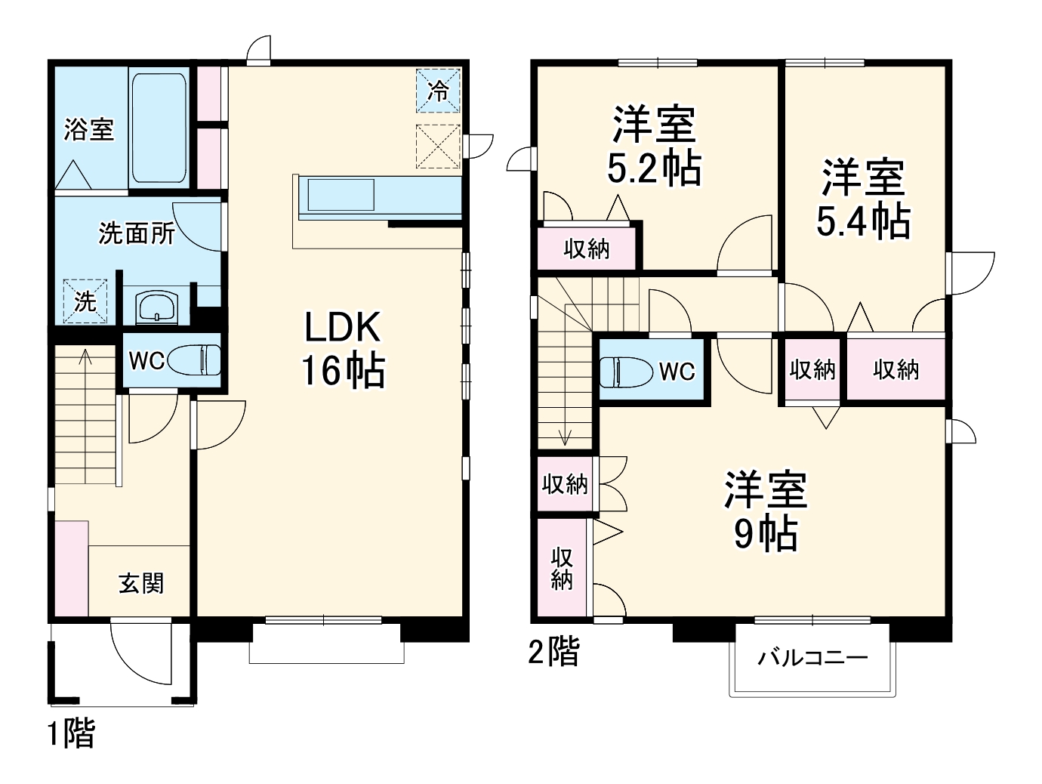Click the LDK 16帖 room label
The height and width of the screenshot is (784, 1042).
pos(344,349)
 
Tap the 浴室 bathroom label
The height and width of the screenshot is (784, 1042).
pos(88,129)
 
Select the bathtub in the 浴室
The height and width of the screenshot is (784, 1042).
pos(159,126)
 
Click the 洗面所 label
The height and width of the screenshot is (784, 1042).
pos(137,233)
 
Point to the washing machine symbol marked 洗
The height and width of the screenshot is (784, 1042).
pos(85,301)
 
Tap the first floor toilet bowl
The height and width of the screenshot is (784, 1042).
pos(194,360)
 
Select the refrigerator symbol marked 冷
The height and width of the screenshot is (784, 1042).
pos(438,91)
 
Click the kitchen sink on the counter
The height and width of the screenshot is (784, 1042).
pos(340,196)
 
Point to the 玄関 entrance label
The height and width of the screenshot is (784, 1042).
pos(141,583)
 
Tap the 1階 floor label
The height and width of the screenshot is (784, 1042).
pos(72,733)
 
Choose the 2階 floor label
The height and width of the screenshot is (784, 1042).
pos(553,651)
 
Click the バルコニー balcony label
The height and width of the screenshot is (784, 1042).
pos(812,657)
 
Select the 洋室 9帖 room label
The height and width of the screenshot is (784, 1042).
pos(765,511)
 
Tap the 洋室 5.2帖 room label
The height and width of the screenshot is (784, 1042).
pos(654,147)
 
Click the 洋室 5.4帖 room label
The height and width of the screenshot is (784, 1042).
pos(863,199)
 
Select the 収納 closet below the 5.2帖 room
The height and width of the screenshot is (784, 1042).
pos(587,248)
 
